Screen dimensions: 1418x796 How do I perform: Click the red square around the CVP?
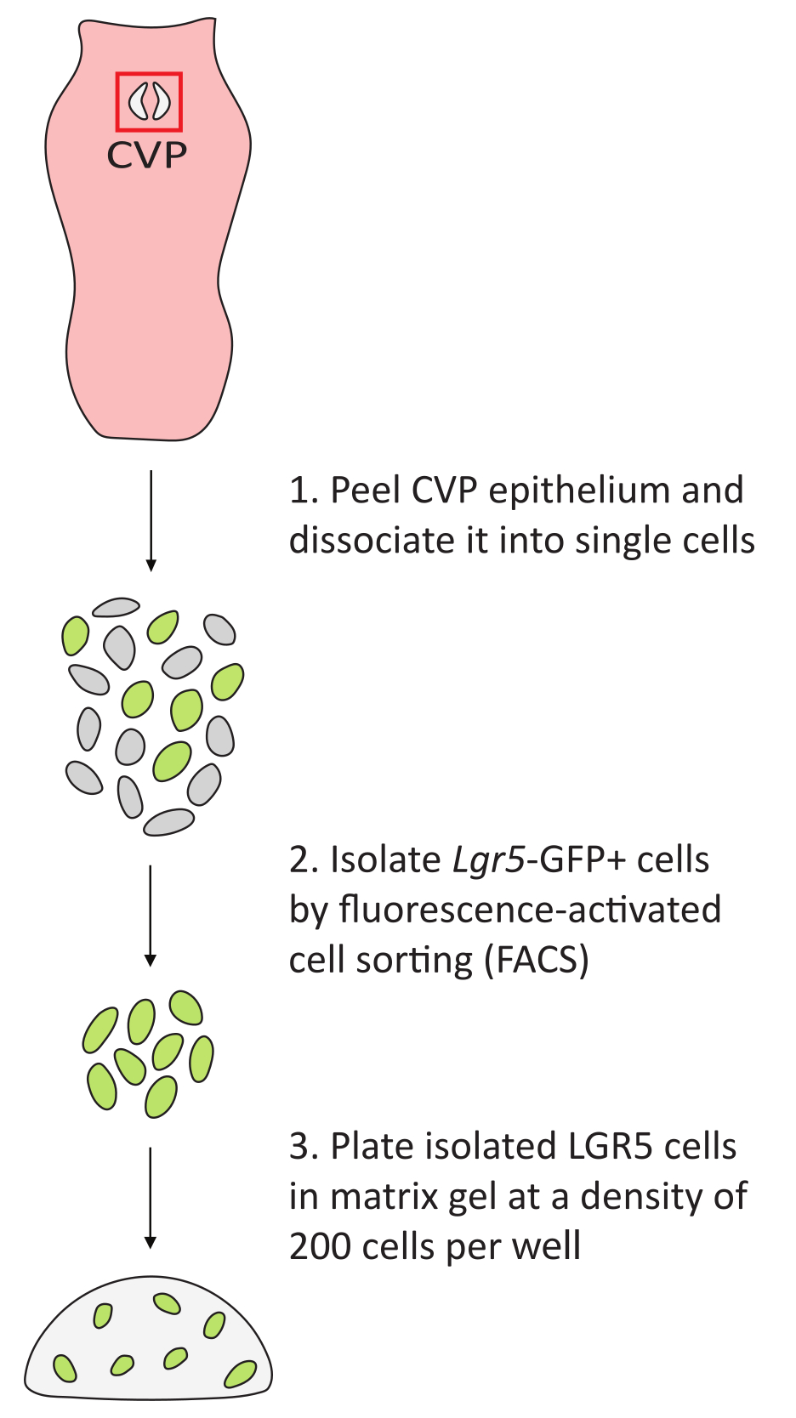149,76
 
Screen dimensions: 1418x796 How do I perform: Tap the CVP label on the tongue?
146,156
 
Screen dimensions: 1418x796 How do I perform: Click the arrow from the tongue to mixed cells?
151,519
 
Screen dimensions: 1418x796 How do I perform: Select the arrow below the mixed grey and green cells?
151,915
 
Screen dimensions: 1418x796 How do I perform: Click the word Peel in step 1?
365,491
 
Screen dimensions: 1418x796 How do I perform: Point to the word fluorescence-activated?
529,910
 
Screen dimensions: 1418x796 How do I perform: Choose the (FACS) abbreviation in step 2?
536,961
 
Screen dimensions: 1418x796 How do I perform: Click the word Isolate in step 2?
384,860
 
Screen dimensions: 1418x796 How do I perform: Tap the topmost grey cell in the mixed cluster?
116,607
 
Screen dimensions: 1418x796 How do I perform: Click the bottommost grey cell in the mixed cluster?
168,822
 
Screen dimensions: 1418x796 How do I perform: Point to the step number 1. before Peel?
302,491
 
